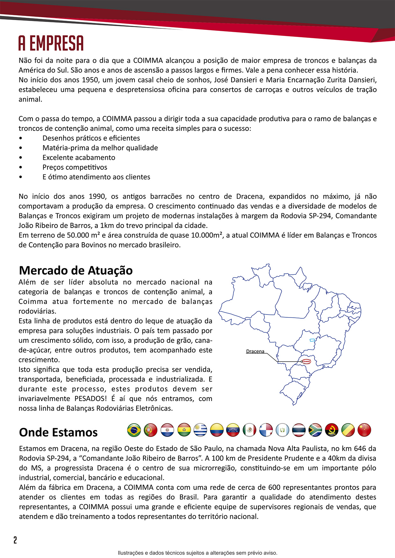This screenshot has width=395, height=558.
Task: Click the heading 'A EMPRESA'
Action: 51,43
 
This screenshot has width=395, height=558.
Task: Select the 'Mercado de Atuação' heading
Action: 76,270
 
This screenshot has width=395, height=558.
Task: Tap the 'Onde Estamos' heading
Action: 58,432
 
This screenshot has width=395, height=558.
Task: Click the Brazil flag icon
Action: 134,430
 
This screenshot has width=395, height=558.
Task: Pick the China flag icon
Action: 364,430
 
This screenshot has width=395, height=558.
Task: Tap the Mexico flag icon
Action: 249,430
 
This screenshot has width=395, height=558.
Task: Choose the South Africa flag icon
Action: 315,430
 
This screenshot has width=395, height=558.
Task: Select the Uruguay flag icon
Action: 200,430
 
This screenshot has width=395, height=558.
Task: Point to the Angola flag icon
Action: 332,430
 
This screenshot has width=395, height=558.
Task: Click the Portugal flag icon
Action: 151,430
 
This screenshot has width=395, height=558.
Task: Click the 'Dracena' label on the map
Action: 255,351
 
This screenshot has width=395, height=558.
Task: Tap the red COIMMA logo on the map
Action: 306,362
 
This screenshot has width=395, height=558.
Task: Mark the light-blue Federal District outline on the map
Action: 312,340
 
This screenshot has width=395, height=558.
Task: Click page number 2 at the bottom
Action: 15,540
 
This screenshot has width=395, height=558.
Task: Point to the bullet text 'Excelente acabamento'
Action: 79,158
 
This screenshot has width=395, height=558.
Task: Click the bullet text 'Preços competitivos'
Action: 75,167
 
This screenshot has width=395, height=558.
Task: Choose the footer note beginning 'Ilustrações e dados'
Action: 197,553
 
